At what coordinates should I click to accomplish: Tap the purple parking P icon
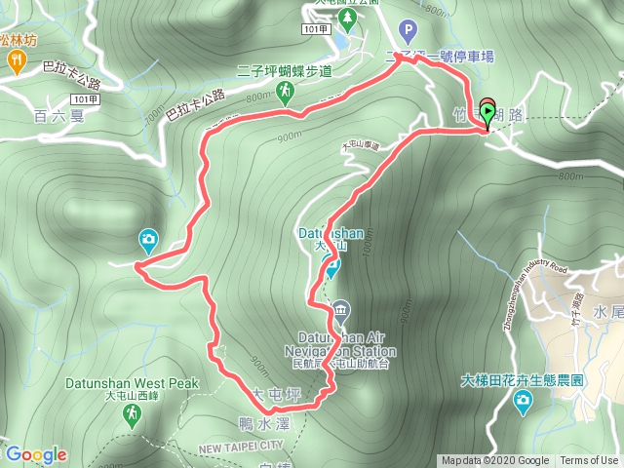408,31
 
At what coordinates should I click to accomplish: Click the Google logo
36,454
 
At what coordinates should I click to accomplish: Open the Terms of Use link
589,461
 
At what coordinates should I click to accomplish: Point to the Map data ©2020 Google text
495,461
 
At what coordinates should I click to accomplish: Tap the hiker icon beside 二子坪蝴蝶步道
285,92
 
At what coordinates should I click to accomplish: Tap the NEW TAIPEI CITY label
241,446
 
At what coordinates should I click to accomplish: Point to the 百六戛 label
54,117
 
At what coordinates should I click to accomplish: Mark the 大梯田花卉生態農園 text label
522,380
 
